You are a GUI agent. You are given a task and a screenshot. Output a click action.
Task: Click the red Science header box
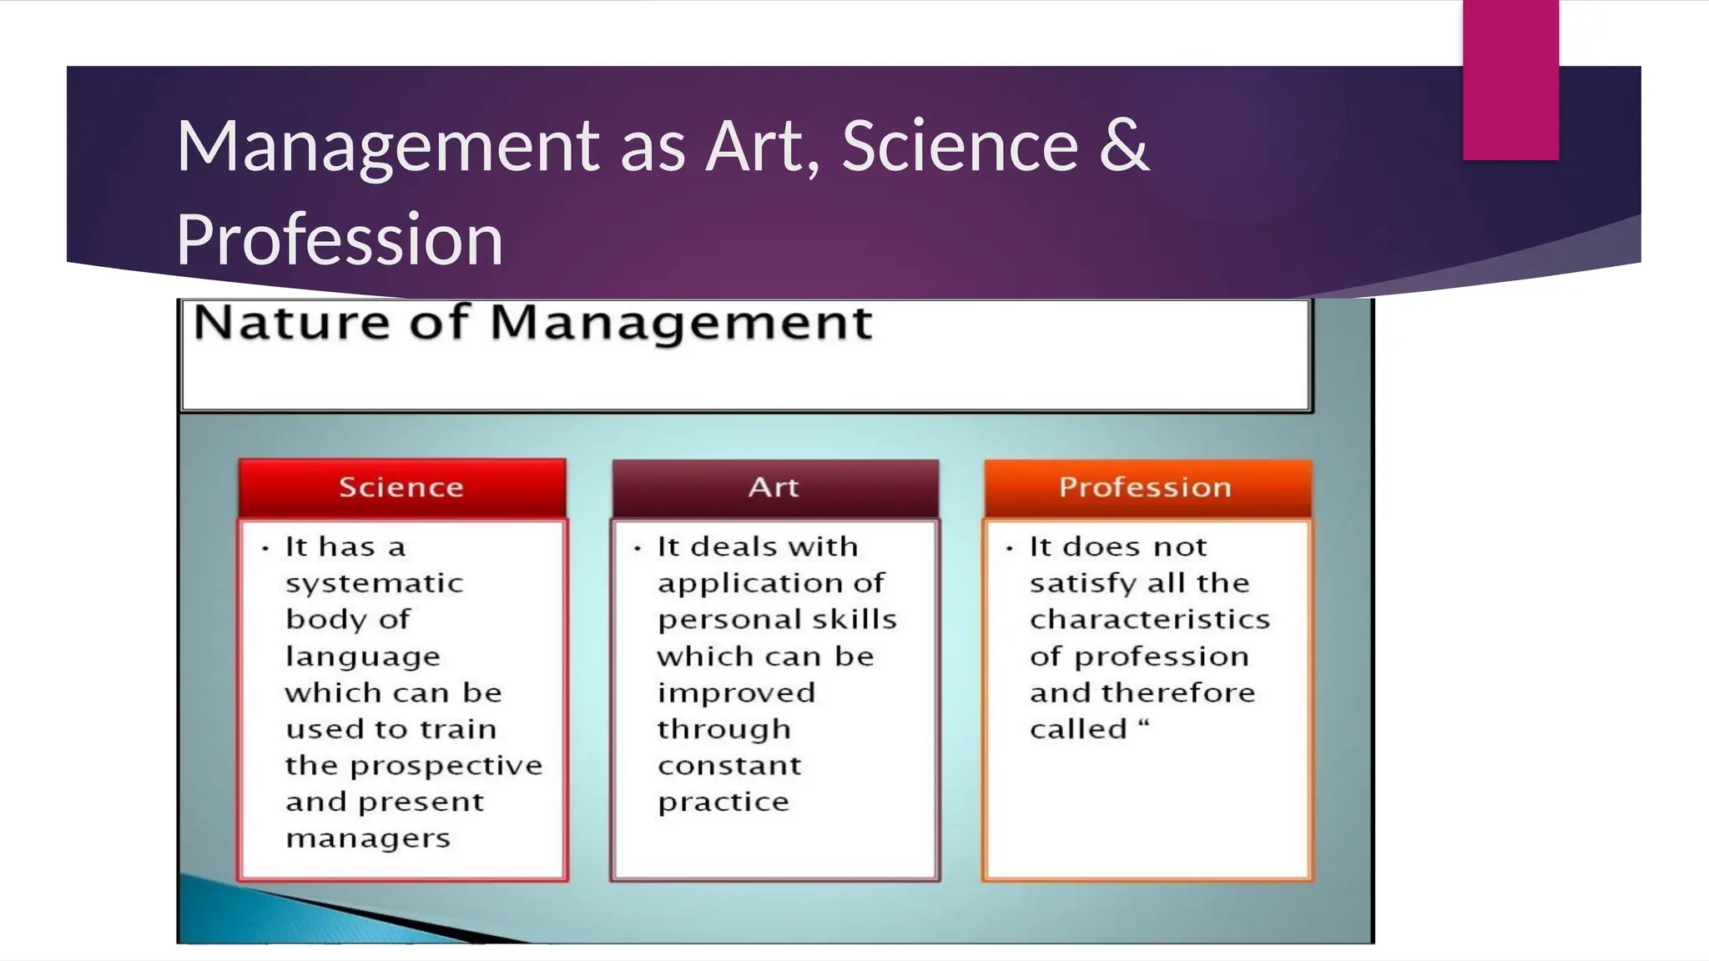(401, 487)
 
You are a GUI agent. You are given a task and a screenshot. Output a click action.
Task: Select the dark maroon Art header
(774, 487)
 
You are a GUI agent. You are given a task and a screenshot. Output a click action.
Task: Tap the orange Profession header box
(1147, 487)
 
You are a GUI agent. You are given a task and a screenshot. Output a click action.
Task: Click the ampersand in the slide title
(1124, 145)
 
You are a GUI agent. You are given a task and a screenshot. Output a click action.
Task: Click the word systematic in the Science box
(374, 583)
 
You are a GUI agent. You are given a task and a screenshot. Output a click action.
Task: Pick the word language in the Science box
(362, 657)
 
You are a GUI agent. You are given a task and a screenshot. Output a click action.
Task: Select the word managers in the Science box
(367, 838)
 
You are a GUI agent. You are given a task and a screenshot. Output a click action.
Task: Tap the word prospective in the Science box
(446, 766)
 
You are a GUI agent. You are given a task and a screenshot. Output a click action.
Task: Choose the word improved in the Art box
(736, 693)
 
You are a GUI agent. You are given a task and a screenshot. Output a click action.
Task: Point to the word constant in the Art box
(729, 766)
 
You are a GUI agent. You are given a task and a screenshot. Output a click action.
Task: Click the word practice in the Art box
(723, 803)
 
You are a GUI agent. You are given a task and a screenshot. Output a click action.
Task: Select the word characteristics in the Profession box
(1149, 620)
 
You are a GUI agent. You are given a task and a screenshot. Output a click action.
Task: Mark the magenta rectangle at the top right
(1510, 79)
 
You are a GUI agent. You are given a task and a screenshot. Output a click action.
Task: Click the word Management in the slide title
(387, 147)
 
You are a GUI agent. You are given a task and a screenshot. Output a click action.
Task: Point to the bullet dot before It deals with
(638, 548)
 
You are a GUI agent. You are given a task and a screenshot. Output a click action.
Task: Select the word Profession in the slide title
(339, 239)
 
